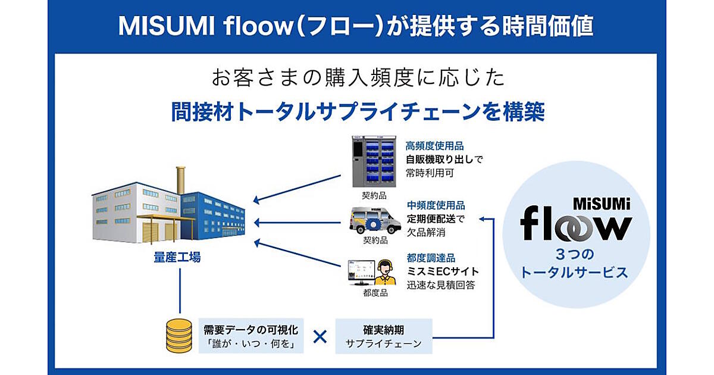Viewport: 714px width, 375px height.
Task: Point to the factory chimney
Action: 181,180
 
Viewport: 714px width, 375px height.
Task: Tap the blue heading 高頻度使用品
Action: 434,145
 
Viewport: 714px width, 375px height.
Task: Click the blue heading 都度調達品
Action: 431,258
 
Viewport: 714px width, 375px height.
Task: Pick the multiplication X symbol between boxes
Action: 320,337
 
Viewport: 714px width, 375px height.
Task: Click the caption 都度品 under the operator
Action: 375,293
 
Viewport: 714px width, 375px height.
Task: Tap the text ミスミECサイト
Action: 443,271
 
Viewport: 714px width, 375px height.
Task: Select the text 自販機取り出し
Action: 440,159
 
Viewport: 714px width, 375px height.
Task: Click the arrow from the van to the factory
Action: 300,222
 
